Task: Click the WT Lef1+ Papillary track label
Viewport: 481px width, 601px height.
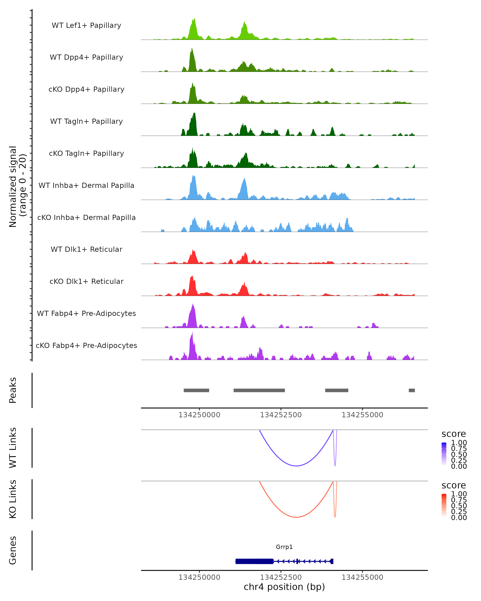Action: click(86, 25)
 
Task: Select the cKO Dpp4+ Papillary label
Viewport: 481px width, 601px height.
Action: click(86, 90)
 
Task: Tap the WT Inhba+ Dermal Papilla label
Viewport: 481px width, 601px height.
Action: click(86, 186)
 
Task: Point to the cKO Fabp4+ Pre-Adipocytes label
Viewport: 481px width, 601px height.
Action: click(86, 346)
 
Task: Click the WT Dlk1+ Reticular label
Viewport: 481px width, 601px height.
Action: click(86, 249)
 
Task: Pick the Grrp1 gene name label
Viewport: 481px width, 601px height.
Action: click(284, 547)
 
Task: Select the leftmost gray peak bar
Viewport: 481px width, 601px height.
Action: click(196, 390)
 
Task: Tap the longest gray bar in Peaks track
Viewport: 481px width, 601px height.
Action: click(259, 390)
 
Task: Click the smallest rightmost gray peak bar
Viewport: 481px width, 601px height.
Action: click(412, 390)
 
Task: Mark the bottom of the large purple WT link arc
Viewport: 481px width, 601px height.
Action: click(296, 466)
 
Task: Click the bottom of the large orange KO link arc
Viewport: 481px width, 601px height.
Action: click(296, 517)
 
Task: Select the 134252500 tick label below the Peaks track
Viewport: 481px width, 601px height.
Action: click(281, 415)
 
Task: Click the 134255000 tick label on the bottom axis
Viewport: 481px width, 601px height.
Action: click(362, 577)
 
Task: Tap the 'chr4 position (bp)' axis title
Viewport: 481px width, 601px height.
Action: click(284, 587)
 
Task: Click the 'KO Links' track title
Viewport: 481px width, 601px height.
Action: click(13, 499)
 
